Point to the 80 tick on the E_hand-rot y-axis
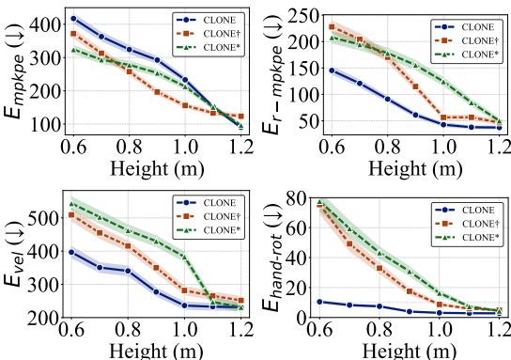[302, 199]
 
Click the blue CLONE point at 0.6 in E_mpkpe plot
[73, 18]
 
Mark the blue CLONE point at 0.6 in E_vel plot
[73, 252]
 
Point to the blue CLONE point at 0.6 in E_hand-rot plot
[324, 302]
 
